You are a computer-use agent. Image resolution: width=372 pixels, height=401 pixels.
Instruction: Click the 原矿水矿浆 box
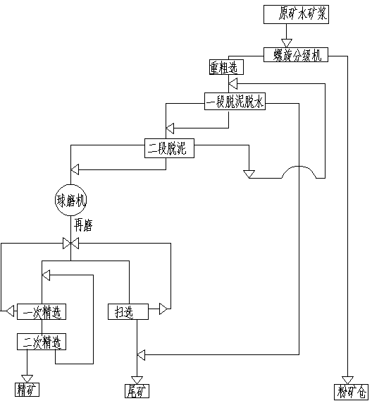[x=296, y=15]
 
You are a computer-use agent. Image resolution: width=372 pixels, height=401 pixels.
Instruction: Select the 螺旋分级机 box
[x=296, y=55]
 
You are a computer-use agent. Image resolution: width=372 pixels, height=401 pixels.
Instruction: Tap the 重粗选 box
[x=226, y=67]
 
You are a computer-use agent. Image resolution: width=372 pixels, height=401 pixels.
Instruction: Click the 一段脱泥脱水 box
[x=235, y=102]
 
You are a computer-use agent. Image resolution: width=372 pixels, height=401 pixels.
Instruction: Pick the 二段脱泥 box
[x=169, y=148]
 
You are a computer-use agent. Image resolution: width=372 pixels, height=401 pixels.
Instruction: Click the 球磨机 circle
[x=71, y=200]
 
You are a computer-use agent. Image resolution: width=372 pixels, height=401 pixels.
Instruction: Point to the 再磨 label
[x=83, y=225]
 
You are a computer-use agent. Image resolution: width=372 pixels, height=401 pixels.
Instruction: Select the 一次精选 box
[x=42, y=312]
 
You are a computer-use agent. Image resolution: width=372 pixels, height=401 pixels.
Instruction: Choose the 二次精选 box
[x=42, y=342]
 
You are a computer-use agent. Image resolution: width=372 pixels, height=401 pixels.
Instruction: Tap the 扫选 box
[x=128, y=312]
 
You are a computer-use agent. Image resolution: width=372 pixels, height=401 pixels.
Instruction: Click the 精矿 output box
[x=27, y=390]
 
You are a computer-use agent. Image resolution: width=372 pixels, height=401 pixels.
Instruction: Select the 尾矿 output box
[x=137, y=391]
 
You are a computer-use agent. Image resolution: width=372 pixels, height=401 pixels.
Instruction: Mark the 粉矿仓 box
[x=351, y=392]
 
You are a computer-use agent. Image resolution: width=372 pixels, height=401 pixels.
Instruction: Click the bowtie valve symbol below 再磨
[x=71, y=243]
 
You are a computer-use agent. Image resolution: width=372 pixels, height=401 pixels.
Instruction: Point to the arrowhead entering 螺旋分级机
[x=287, y=44]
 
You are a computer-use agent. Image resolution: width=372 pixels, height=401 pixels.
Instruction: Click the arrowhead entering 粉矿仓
[x=347, y=381]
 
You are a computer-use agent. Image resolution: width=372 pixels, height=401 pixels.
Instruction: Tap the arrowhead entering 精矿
[x=27, y=379]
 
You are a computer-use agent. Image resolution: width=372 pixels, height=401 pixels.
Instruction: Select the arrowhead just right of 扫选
[x=163, y=309]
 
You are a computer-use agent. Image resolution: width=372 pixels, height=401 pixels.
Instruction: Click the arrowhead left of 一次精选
[x=10, y=311]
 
